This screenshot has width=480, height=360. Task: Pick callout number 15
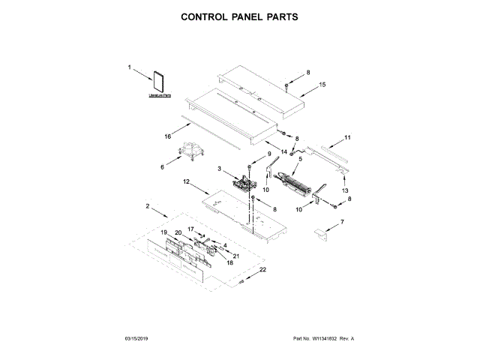click(322, 85)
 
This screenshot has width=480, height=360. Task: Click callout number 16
click(169, 136)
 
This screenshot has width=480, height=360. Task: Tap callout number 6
click(162, 167)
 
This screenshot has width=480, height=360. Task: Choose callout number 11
click(347, 137)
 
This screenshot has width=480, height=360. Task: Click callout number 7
click(343, 222)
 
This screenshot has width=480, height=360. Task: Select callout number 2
click(148, 205)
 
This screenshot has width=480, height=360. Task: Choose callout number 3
click(220, 169)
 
